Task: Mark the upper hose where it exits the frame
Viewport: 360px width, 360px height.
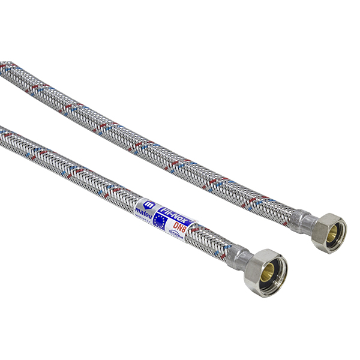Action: click(x=3, y=65)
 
